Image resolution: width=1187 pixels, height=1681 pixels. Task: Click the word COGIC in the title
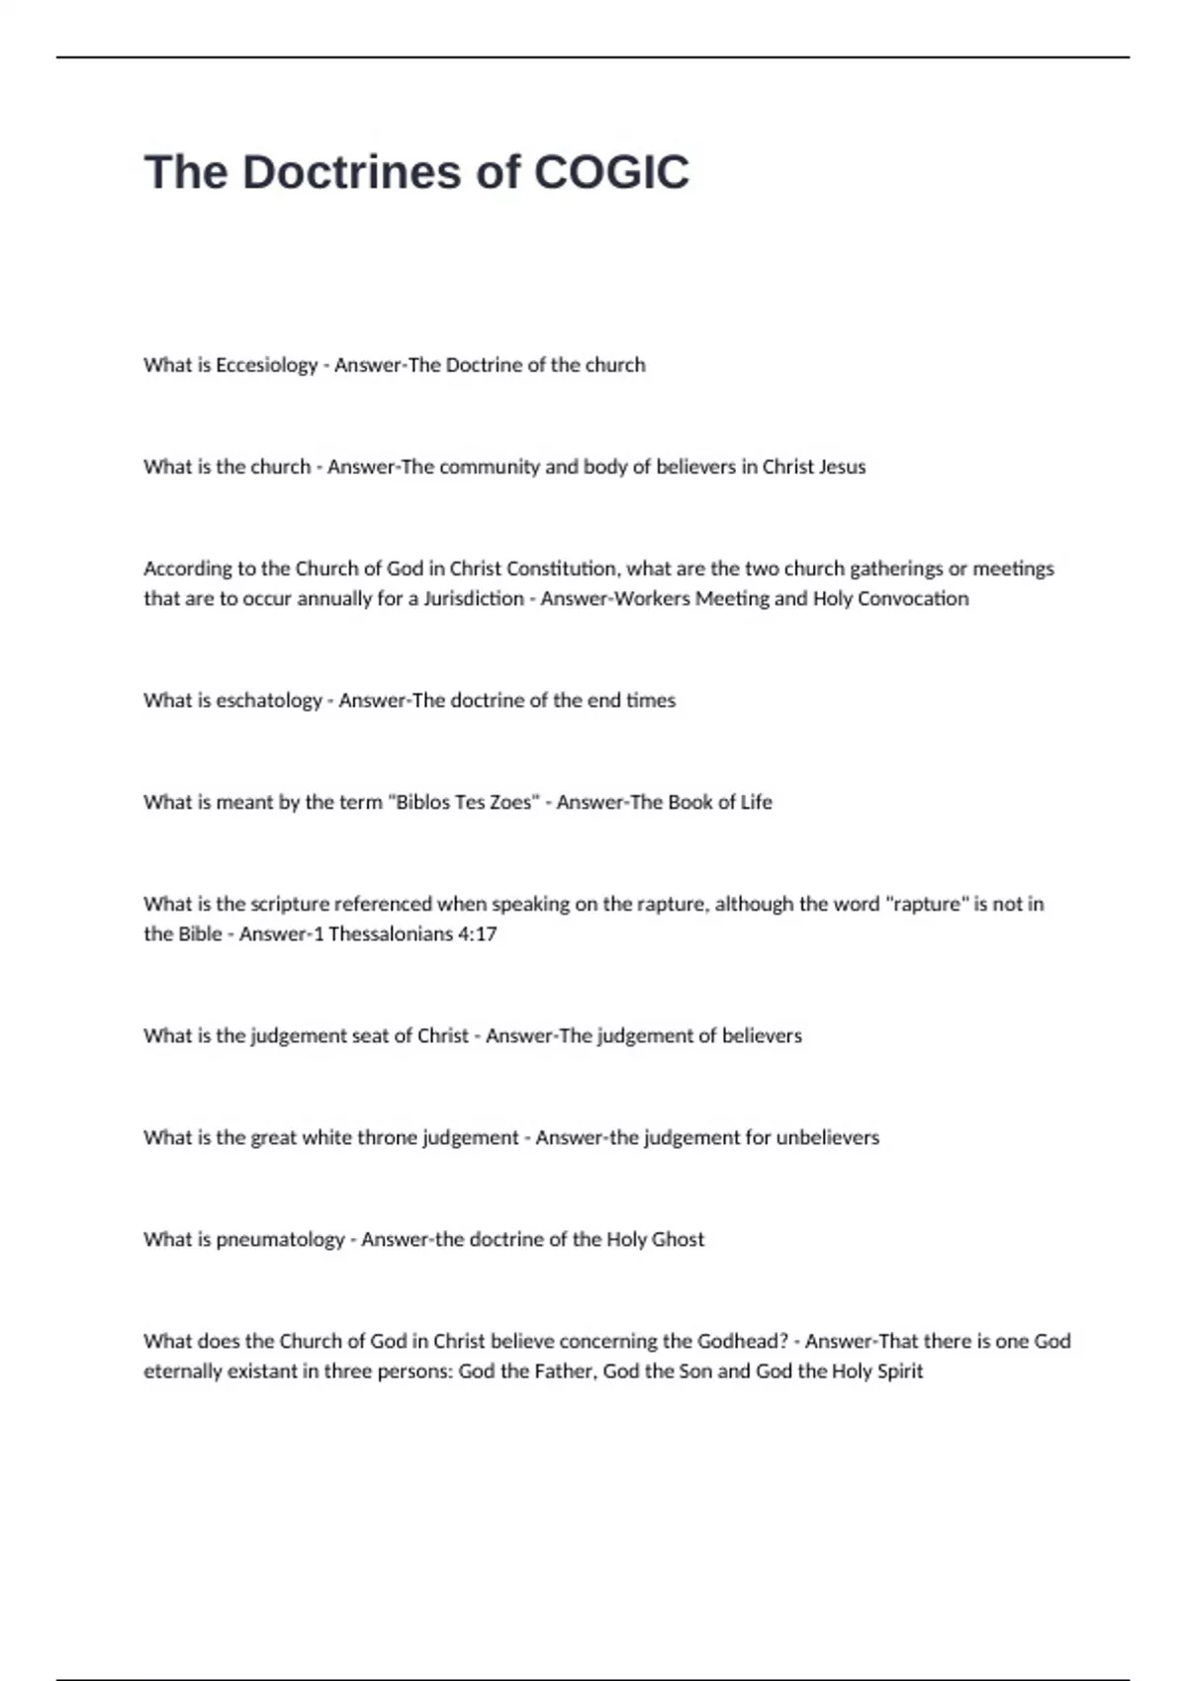pyautogui.click(x=611, y=172)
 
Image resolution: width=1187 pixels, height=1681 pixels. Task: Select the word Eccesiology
pyautogui.click(x=266, y=365)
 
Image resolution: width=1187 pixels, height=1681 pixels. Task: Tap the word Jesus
pyautogui.click(x=842, y=467)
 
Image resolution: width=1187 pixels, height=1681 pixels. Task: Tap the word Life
pyautogui.click(x=756, y=802)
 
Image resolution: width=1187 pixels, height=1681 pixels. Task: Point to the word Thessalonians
pyautogui.click(x=391, y=933)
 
